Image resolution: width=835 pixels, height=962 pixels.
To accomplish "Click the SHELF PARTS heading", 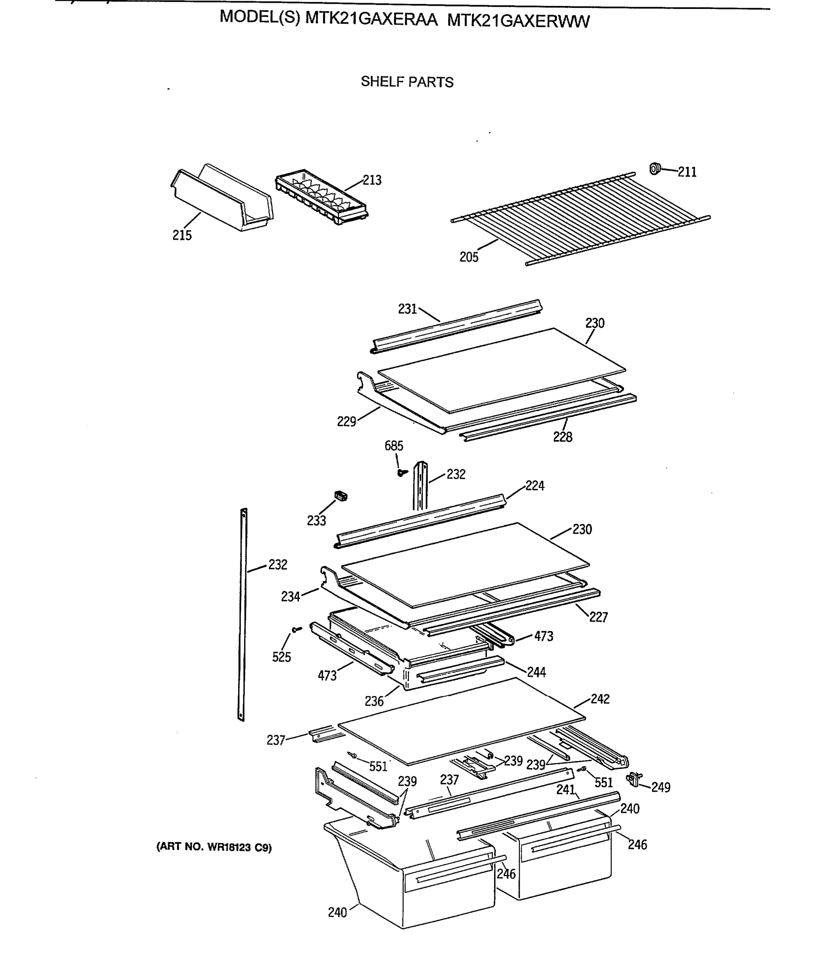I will point(407,82).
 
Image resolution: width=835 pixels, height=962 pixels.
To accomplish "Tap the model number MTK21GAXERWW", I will point(518,21).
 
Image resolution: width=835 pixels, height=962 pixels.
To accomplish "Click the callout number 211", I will point(687,172).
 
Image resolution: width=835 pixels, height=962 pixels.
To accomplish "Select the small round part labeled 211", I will point(655,168).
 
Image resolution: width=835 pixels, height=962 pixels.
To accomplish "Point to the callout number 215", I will point(182,235).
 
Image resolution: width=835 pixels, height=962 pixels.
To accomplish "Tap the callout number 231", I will point(407,309).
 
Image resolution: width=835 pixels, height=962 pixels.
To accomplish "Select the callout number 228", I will point(563,437).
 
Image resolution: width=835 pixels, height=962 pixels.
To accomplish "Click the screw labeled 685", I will point(401,473).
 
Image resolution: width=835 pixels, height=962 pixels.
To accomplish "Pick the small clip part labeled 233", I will point(341,496).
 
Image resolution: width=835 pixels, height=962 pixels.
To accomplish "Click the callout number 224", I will point(534,486).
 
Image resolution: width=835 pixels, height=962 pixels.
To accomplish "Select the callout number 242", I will point(600,699).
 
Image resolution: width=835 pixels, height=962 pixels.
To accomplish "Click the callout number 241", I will point(566,790).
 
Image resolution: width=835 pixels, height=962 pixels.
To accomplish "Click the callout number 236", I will point(374,701).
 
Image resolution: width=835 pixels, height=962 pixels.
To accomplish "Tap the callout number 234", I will point(290,596).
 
